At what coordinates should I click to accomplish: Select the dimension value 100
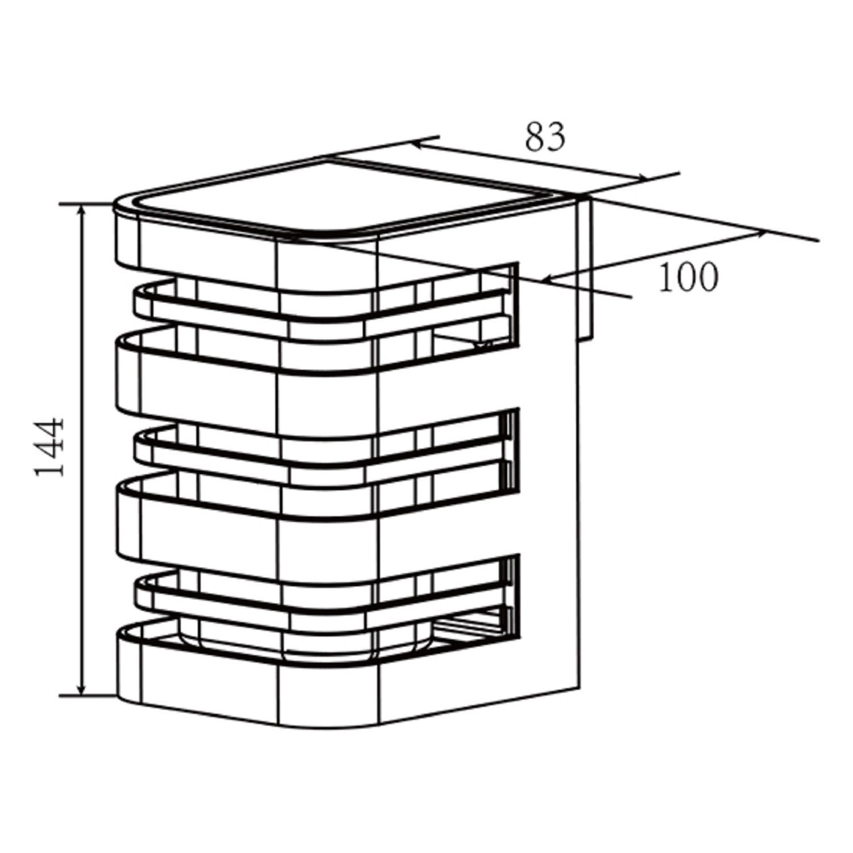pyautogui.click(x=688, y=278)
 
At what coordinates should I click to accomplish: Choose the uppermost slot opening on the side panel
pyautogui.click(x=500, y=304)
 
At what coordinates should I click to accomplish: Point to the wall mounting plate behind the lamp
pyautogui.click(x=586, y=267)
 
